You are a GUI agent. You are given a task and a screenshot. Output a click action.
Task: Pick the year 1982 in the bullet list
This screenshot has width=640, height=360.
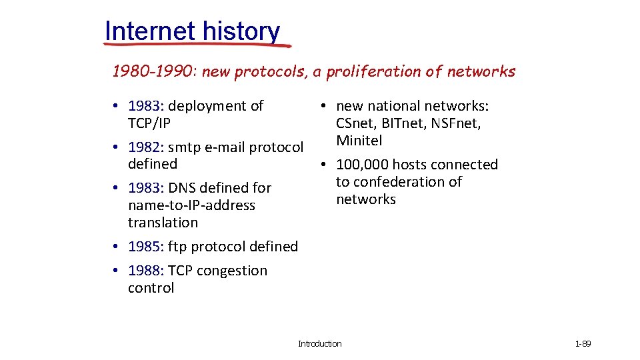(144, 147)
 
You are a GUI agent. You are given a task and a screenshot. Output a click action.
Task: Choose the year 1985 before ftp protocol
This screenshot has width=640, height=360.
(144, 247)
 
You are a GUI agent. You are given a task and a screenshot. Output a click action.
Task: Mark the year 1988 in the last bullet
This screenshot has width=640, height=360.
(144, 271)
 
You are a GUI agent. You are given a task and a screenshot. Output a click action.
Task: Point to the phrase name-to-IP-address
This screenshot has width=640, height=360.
(191, 205)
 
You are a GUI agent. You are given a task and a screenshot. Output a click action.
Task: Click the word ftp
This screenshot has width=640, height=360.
(177, 247)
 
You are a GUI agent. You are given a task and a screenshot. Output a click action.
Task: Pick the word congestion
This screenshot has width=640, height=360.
(231, 271)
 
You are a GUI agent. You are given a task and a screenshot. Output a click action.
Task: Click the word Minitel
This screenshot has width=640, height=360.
(359, 141)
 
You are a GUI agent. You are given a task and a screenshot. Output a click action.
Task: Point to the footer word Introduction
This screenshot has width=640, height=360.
(319, 344)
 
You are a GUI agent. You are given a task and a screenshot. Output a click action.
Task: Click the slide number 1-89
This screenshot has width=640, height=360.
(583, 344)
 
